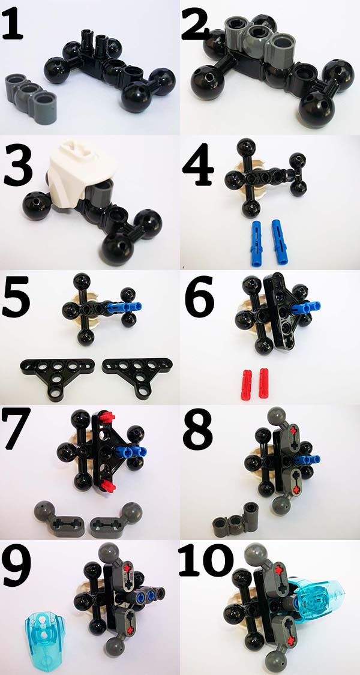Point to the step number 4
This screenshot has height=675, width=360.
(198, 165)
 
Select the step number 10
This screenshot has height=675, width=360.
(206, 560)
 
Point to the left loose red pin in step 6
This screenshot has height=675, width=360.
(247, 384)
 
